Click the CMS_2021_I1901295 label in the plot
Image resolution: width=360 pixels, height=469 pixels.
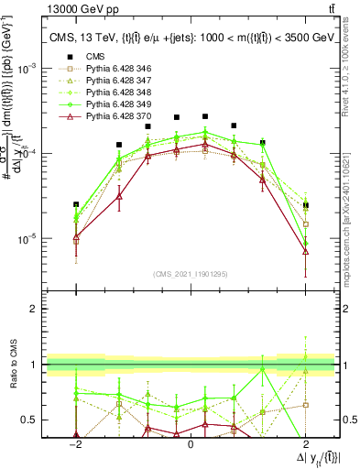(191, 274)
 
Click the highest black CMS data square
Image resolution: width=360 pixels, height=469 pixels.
(205, 116)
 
